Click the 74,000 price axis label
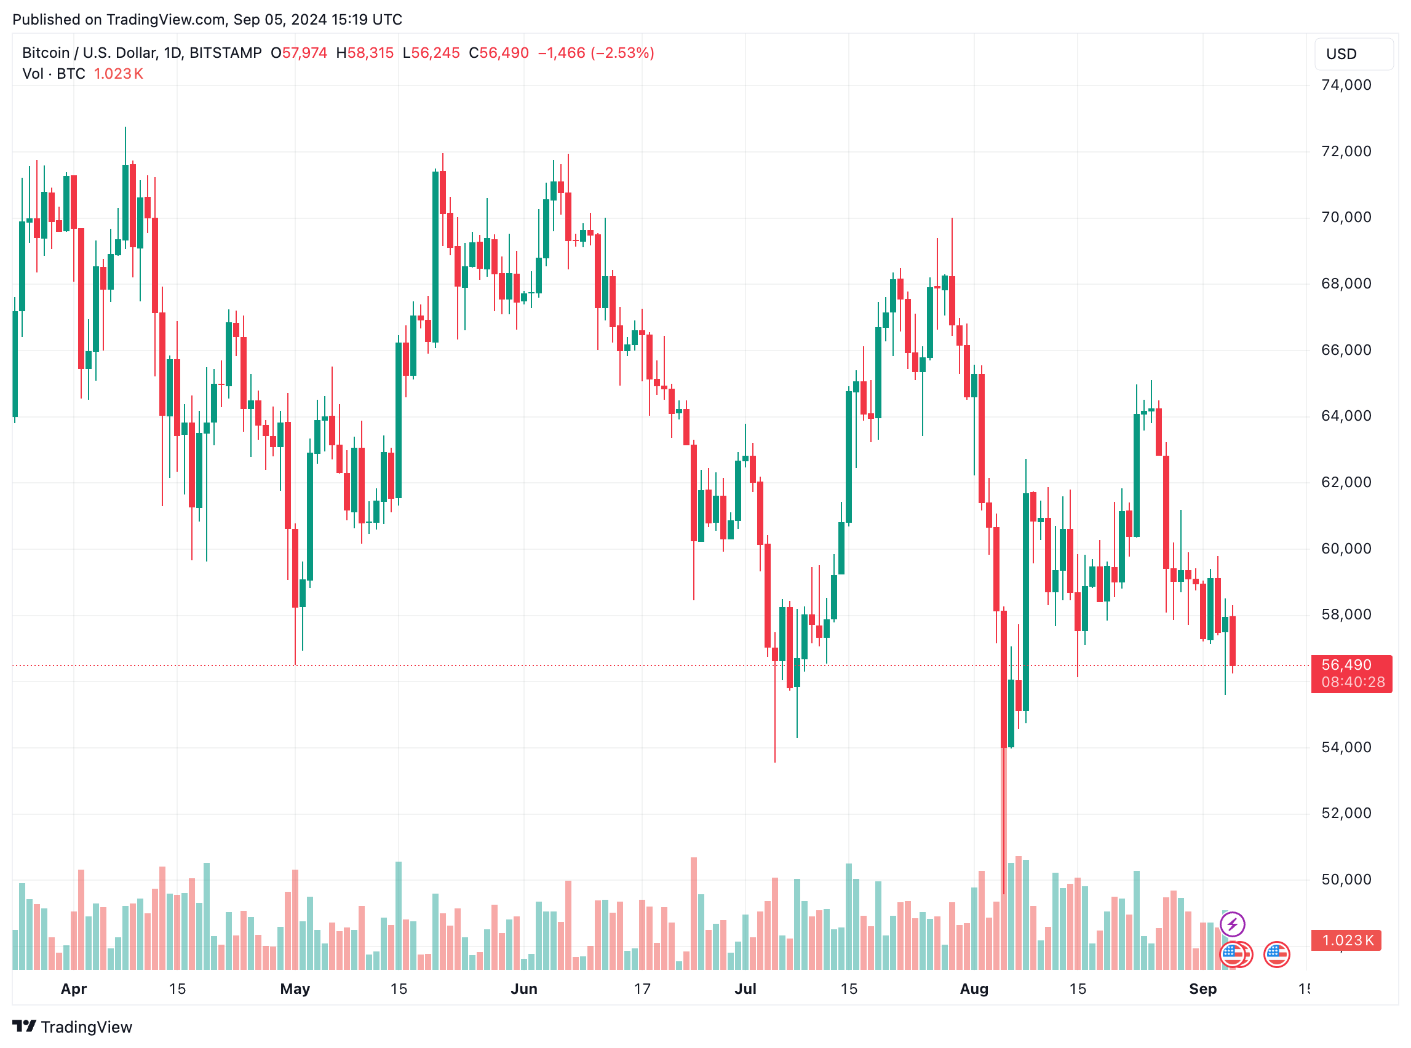click(x=1346, y=85)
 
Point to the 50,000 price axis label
click(x=1346, y=880)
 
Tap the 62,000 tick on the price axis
click(x=1346, y=482)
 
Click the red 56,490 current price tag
click(x=1351, y=665)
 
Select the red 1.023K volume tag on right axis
click(x=1347, y=941)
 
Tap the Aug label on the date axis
click(x=974, y=989)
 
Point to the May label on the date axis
click(x=295, y=989)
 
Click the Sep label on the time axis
click(x=1202, y=989)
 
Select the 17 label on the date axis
click(x=642, y=989)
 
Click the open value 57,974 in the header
click(x=304, y=53)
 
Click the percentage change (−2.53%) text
click(x=622, y=53)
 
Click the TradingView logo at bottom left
click(x=73, y=1027)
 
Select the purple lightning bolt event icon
click(x=1232, y=924)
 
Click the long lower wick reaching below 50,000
click(x=1004, y=825)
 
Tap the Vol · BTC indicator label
click(x=54, y=74)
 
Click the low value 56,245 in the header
click(x=435, y=53)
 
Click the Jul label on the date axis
click(x=745, y=989)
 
